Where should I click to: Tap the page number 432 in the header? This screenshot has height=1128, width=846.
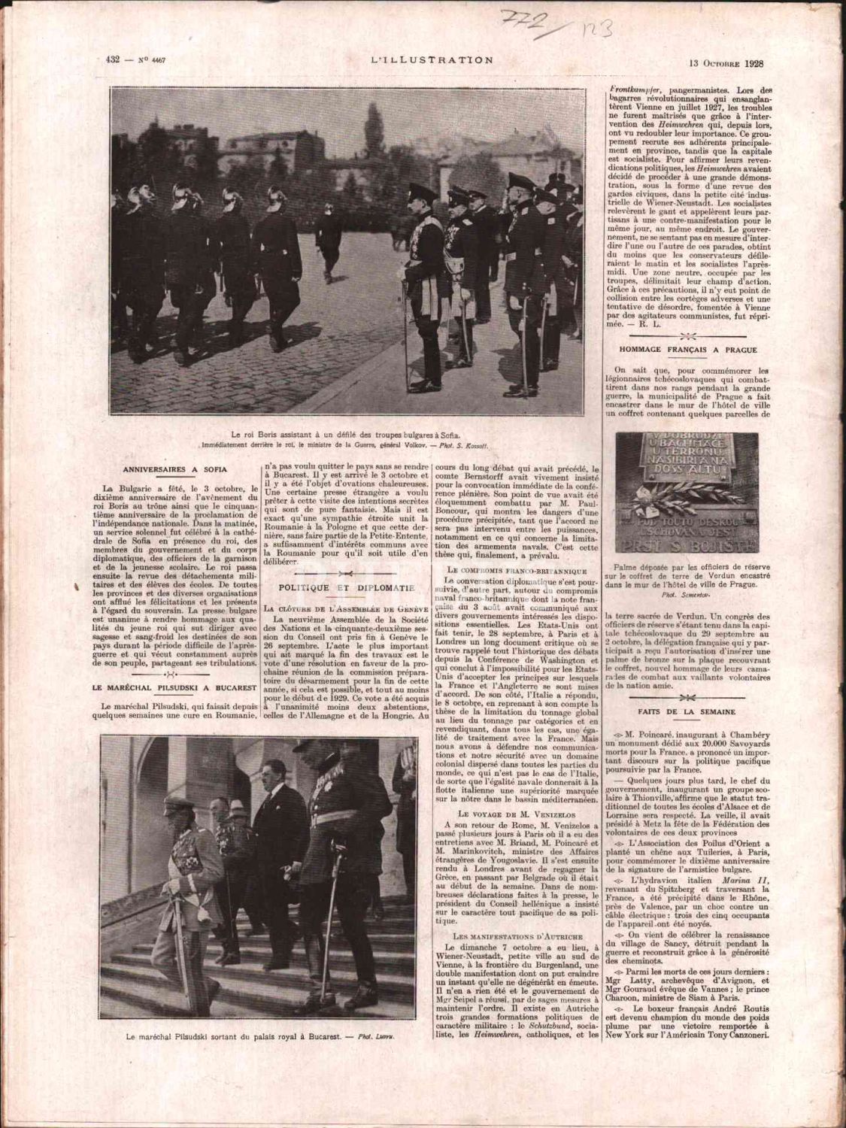114,62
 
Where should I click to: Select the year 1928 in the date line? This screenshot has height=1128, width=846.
749,62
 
